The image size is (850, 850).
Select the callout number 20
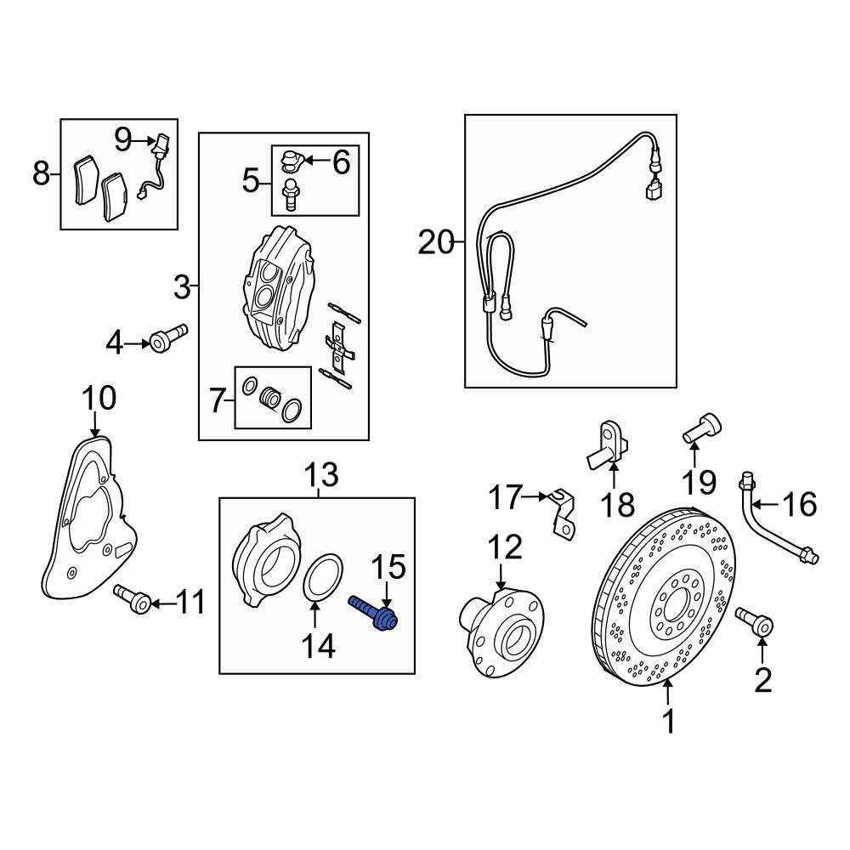click(x=436, y=242)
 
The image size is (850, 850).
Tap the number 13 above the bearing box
click(x=321, y=474)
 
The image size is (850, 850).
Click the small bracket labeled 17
click(x=562, y=511)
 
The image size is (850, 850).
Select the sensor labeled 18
click(x=607, y=445)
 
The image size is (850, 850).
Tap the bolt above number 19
click(x=701, y=428)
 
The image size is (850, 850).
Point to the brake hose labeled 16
click(x=775, y=519)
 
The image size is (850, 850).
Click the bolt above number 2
click(x=754, y=620)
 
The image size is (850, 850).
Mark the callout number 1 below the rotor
click(x=670, y=721)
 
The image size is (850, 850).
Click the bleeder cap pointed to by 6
click(x=290, y=160)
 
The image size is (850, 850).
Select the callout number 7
click(x=217, y=401)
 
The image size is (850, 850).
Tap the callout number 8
click(x=41, y=174)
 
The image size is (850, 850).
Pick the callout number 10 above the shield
click(x=99, y=398)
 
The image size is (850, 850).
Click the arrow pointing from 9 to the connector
click(x=144, y=140)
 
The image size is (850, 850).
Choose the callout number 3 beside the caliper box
click(x=182, y=287)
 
